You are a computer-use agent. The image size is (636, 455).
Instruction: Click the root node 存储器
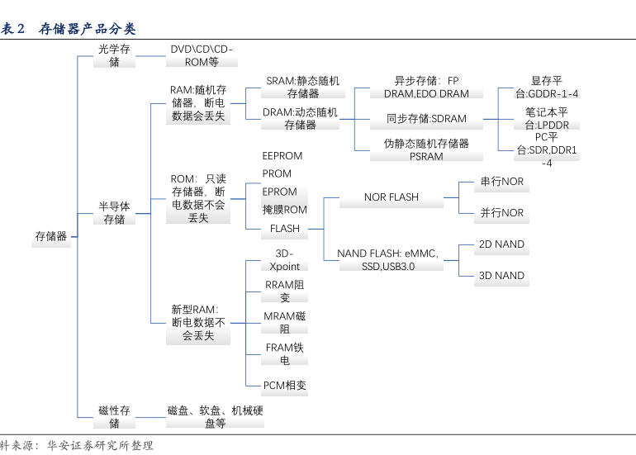51,236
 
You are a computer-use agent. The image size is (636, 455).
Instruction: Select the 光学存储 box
114,56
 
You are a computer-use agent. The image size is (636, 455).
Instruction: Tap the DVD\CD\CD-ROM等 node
202,56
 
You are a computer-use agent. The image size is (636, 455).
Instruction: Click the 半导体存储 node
114,213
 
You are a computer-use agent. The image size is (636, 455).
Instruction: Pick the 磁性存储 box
114,417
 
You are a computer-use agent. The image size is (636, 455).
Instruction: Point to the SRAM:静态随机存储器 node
302,88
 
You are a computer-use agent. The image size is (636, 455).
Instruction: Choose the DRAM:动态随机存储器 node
300,119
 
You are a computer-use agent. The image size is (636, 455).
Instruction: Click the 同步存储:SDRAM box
426,119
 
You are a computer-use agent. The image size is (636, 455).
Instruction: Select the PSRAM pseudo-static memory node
426,149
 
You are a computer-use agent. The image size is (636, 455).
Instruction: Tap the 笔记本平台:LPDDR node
546,119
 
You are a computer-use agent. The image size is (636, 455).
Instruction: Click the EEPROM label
282,156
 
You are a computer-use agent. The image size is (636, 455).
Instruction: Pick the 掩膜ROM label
285,211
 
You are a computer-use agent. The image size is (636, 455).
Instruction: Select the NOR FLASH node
392,197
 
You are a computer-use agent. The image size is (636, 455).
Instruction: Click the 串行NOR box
502,182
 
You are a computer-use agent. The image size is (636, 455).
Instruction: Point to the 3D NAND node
501,276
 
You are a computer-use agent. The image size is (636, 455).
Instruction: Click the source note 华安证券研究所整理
100,446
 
